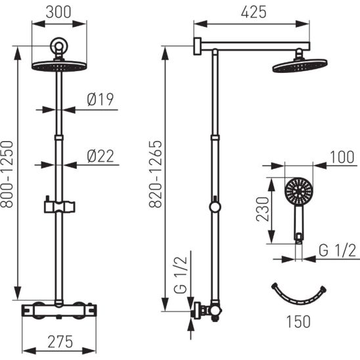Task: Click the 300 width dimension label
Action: [58, 12]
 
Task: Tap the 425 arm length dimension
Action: [254, 12]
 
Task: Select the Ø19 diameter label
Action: [101, 99]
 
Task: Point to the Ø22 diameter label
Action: [101, 156]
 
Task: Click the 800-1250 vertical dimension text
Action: [7, 175]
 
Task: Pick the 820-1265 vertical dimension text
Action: [156, 174]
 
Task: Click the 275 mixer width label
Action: [60, 342]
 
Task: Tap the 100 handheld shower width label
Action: [342, 157]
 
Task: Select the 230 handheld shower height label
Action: [262, 209]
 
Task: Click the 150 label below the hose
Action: [298, 322]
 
